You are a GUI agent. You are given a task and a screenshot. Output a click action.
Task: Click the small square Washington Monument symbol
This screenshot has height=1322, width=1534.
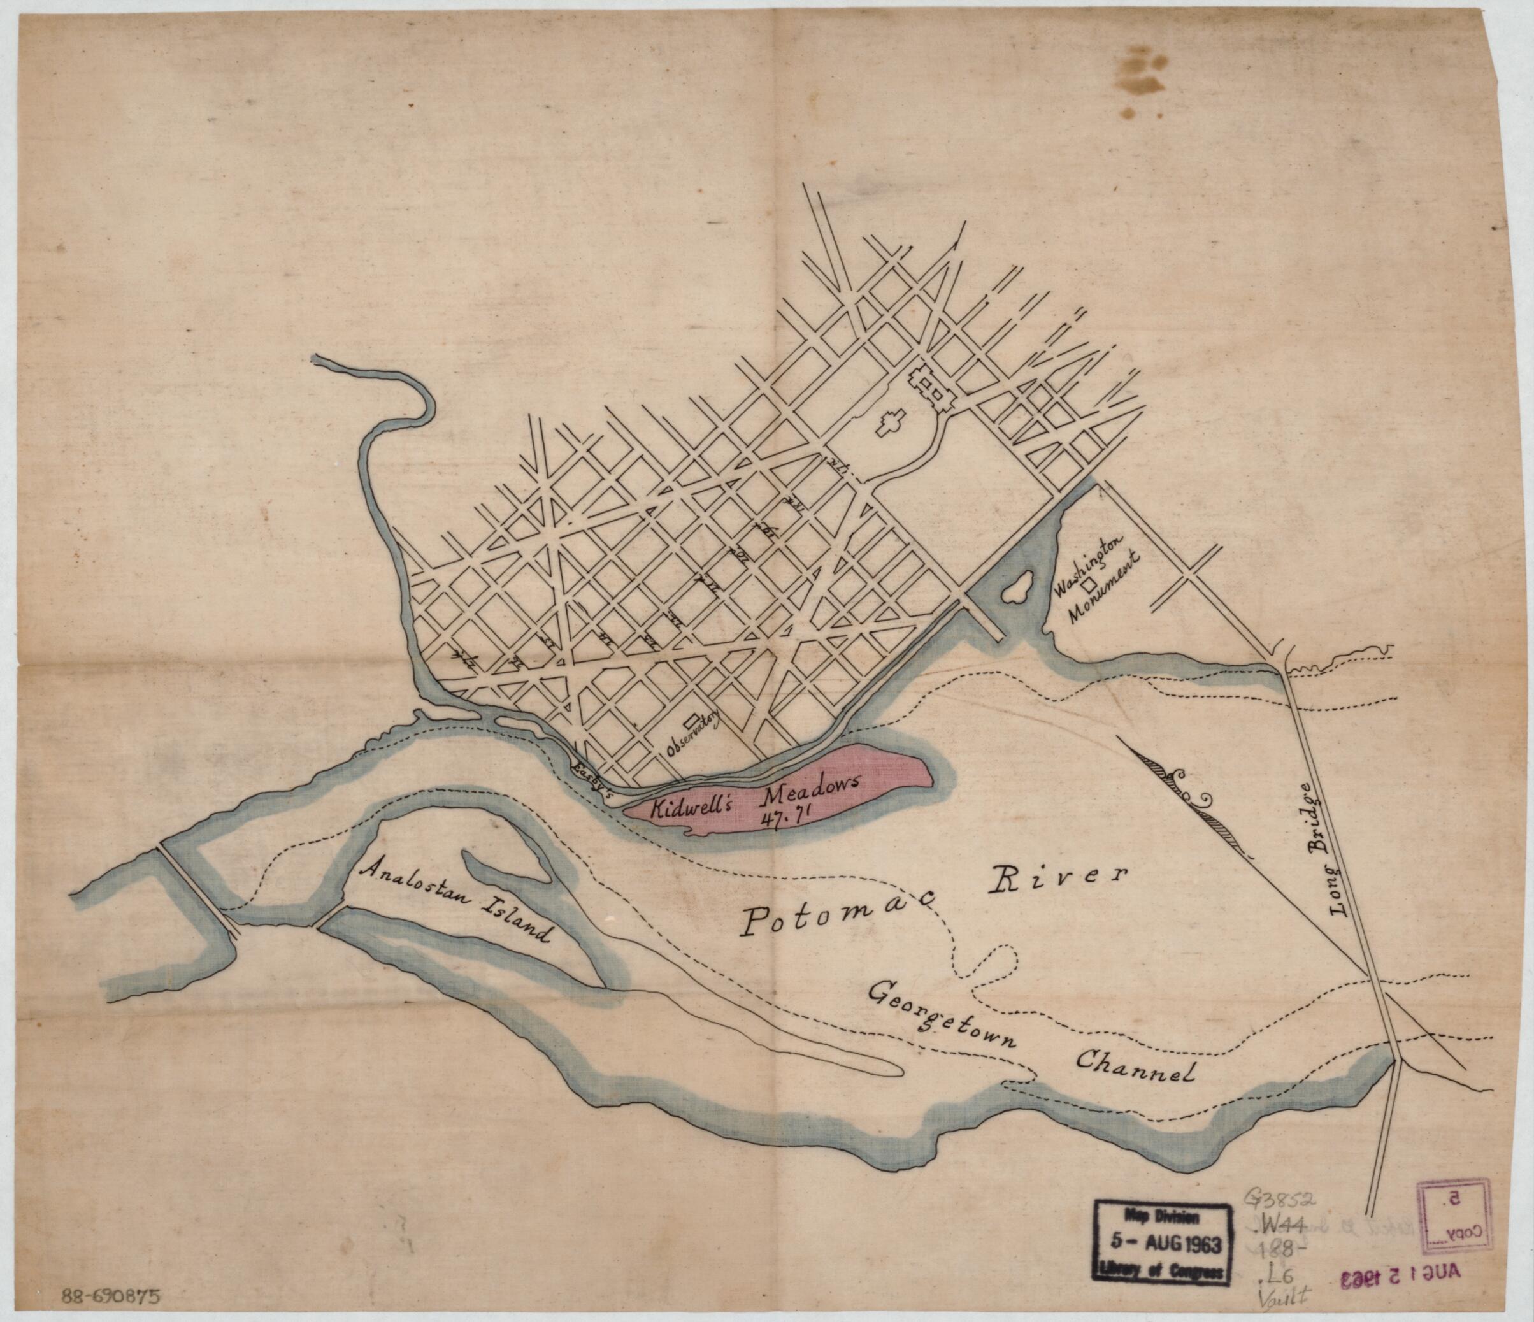[1090, 584]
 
